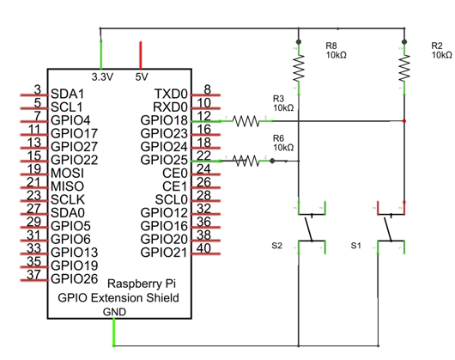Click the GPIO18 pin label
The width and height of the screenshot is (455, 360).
[164, 120]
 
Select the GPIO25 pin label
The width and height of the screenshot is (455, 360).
[164, 160]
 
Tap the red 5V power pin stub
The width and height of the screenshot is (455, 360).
[141, 55]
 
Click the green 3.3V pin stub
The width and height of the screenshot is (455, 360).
[101, 55]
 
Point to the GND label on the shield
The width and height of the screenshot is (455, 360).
[114, 312]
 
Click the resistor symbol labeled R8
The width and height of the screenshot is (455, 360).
[299, 68]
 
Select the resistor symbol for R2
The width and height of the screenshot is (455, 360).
[404, 68]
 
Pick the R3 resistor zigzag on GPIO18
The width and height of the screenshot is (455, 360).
[246, 121]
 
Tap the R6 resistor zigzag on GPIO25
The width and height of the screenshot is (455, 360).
[246, 161]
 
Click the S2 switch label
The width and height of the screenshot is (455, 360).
[276, 246]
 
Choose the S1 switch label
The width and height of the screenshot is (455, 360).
[355, 246]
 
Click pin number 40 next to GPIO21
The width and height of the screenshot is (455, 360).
[203, 248]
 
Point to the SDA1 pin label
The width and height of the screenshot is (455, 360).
[67, 94]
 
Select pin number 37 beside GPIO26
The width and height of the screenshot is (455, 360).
[33, 275]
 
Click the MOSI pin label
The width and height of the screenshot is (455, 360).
[67, 174]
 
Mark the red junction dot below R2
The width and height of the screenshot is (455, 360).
[404, 121]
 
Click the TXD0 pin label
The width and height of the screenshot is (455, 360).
[171, 94]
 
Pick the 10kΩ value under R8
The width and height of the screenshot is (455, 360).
[336, 55]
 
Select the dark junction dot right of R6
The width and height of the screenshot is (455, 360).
[272, 161]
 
